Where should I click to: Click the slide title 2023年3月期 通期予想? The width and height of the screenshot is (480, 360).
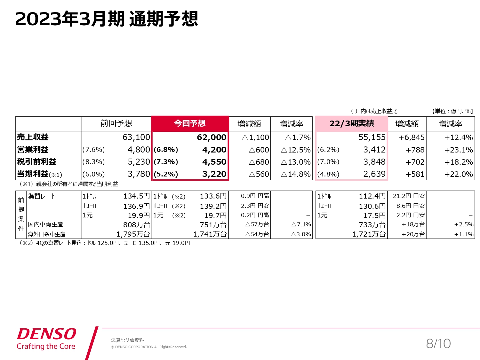[107, 19]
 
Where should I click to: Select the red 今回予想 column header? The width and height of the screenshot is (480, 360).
[190, 123]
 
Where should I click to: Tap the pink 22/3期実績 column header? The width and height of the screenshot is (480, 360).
[351, 123]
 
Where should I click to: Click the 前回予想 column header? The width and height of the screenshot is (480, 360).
[116, 123]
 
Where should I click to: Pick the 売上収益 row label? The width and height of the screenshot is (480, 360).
[33, 137]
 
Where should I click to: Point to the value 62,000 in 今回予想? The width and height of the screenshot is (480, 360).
[212, 137]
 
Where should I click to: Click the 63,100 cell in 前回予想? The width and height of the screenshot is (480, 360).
[136, 137]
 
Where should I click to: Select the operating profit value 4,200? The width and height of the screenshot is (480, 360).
[214, 150]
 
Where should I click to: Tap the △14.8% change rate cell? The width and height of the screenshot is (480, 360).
[296, 174]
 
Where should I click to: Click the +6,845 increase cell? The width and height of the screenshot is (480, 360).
[411, 137]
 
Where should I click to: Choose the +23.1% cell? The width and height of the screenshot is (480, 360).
[458, 150]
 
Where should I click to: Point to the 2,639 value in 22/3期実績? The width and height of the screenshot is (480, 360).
[374, 174]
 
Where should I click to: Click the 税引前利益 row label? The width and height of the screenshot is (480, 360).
[36, 162]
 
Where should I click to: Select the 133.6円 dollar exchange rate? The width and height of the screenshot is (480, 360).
[213, 196]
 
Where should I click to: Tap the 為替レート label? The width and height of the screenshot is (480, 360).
[42, 196]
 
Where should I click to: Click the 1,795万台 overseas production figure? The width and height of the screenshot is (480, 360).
[133, 234]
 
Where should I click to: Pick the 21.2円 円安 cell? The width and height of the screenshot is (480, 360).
[409, 196]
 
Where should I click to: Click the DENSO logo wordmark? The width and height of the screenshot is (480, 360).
[47, 334]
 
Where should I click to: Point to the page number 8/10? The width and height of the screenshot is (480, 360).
[438, 344]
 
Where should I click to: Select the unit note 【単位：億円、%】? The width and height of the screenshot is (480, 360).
[452, 111]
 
